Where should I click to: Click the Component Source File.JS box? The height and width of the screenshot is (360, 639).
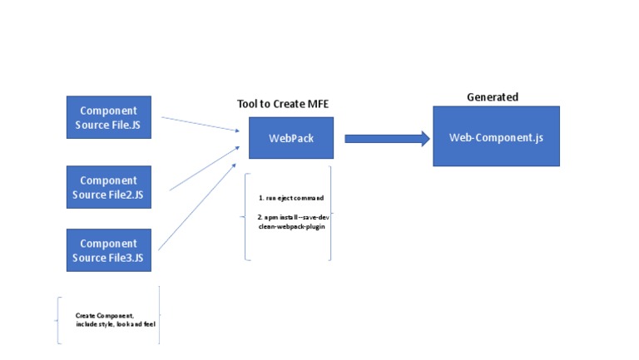tap(109, 117)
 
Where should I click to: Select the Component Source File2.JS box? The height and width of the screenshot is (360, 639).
tap(109, 187)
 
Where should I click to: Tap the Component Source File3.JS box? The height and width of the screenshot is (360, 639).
tap(109, 250)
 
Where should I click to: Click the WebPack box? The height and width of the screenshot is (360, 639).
tap(291, 138)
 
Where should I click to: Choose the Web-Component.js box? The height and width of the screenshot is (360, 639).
tap(496, 136)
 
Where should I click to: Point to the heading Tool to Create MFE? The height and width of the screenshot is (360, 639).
tap(289, 104)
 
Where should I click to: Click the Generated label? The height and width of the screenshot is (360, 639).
tap(492, 97)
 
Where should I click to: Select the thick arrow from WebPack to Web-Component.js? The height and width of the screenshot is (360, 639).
tap(387, 139)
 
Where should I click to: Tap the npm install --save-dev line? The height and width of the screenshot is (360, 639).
tap(290, 217)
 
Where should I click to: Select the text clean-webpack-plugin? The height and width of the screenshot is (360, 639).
tap(286, 226)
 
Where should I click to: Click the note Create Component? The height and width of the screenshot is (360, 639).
tap(105, 315)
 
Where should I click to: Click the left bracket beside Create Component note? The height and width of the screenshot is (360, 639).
tap(57, 319)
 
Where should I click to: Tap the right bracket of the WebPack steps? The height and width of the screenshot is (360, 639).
tap(329, 214)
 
